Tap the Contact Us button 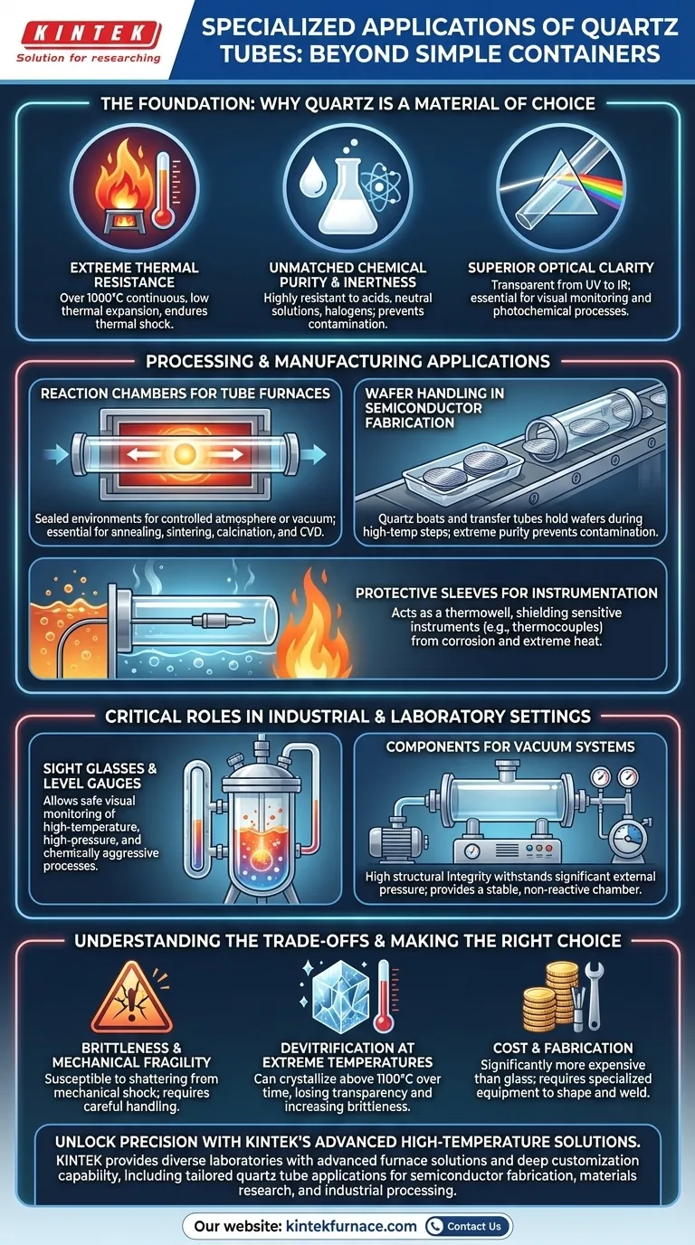[x=468, y=1225]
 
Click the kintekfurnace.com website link [x=351, y=1226]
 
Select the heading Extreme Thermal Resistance [x=134, y=274]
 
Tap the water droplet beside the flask [x=309, y=176]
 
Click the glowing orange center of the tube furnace [x=185, y=454]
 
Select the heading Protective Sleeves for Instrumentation [x=506, y=593]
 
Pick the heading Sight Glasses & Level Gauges [x=100, y=776]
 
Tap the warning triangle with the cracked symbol [x=132, y=999]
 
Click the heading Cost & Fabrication [x=563, y=1048]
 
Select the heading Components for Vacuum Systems [x=510, y=746]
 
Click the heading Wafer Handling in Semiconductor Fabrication [x=434, y=408]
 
